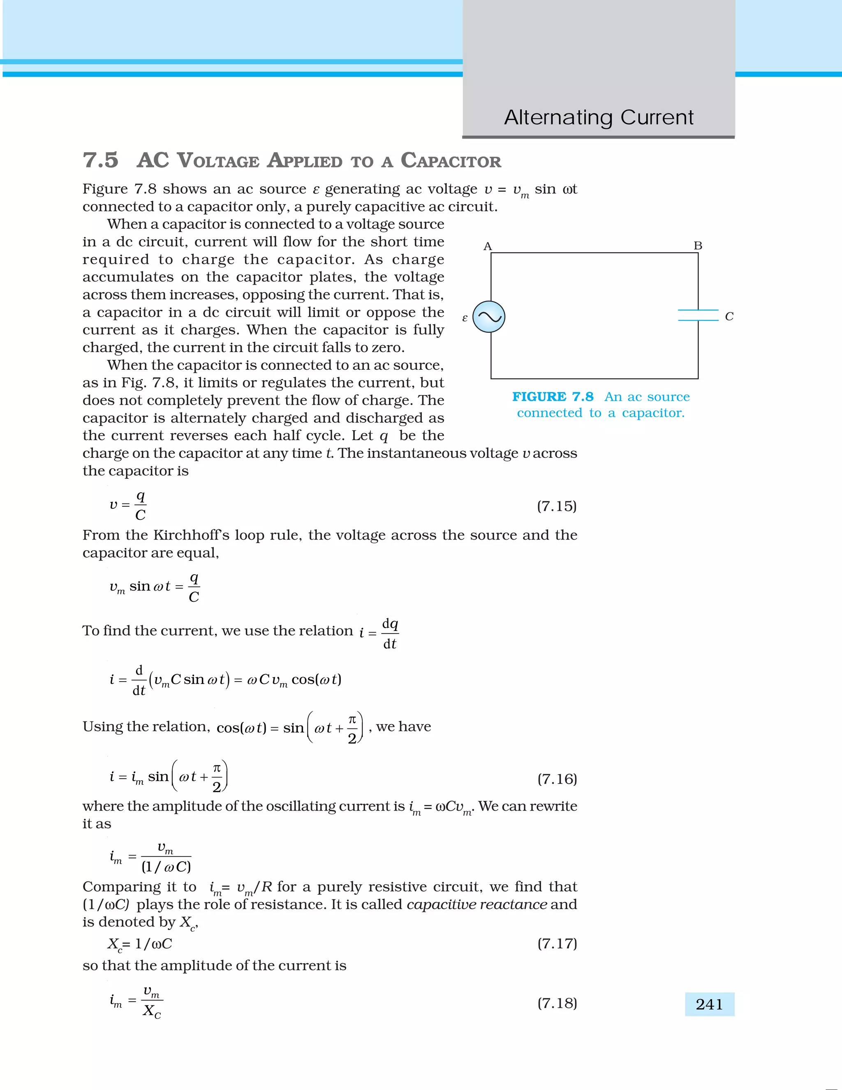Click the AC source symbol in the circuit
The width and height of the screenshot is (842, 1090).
pos(489,317)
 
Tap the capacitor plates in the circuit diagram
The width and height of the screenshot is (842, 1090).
pos(698,315)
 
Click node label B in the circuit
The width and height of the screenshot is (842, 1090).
pos(698,246)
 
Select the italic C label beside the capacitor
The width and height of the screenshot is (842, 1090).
pos(729,316)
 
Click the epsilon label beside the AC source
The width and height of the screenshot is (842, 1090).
pos(465,318)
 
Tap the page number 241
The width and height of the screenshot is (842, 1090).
pos(709,1004)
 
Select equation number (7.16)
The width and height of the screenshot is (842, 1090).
pos(557,779)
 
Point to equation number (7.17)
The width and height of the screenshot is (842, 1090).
pos(557,943)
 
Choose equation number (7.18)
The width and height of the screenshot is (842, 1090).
pos(557,1003)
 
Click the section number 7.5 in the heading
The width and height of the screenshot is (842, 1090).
pos(100,160)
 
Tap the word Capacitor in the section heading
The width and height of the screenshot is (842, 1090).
pos(451,161)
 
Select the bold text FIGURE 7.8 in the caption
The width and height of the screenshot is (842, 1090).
pos(553,397)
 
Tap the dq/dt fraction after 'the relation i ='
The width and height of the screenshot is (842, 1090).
pos(390,634)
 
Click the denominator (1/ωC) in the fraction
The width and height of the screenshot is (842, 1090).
pos(166,867)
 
